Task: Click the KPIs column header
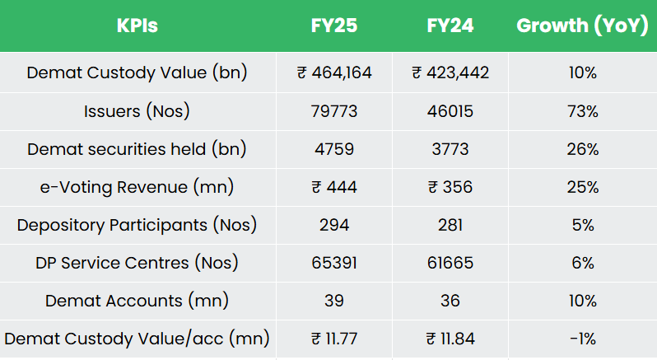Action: (137, 26)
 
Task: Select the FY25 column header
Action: (334, 26)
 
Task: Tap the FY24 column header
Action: (450, 26)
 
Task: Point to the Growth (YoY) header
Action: (582, 26)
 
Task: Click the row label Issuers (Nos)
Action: (137, 111)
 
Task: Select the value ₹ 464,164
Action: (334, 72)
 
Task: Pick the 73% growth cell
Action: (582, 111)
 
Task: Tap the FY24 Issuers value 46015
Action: (450, 111)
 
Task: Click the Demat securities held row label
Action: (137, 149)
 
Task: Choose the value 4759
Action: (334, 149)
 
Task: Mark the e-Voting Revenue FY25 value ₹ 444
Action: (334, 187)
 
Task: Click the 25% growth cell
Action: (582, 187)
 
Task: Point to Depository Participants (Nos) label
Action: (137, 225)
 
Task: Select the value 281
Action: (450, 225)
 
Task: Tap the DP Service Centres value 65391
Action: (334, 263)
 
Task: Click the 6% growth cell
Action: (582, 263)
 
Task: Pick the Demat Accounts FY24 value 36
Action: (450, 301)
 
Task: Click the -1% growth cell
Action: (582, 339)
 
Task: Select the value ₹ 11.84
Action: (450, 339)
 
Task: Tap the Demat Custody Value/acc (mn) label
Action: (137, 339)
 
